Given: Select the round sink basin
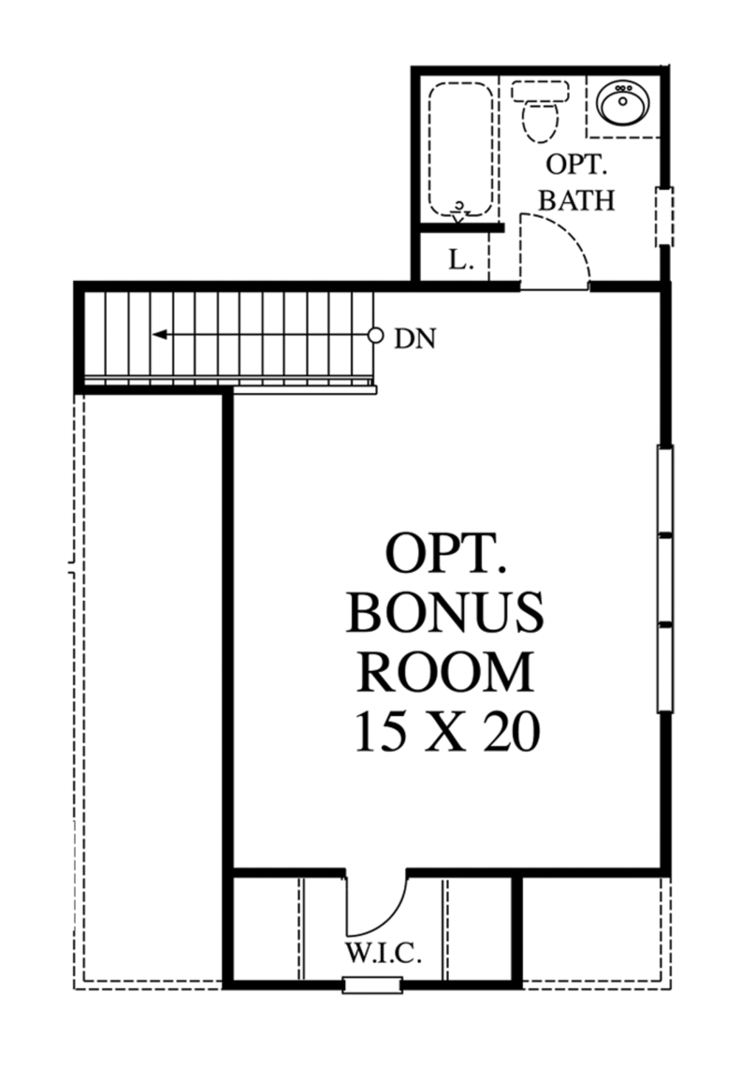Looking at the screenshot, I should (623, 103).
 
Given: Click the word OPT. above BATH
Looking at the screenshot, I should (577, 164).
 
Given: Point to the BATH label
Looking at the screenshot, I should (577, 200).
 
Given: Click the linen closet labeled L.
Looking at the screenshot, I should (460, 260).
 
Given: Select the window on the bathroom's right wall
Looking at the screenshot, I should (664, 216).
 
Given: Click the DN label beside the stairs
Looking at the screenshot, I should (415, 338).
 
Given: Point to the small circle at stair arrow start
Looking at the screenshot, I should (376, 336).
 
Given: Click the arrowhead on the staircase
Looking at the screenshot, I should (159, 336).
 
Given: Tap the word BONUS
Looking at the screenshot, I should (445, 614).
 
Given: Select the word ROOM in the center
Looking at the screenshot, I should (445, 672).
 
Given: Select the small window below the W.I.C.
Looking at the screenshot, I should (373, 985).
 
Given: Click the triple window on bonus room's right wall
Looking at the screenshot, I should (665, 579).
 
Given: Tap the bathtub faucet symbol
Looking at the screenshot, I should (459, 211).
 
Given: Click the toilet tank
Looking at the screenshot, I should (540, 92).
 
